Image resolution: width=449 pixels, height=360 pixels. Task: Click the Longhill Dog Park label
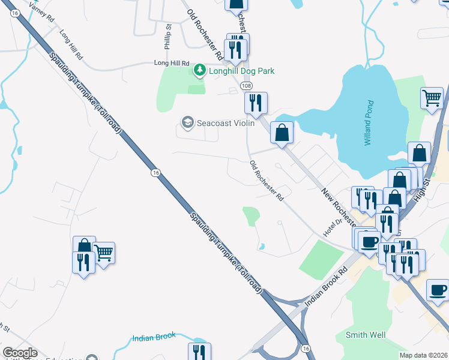click(x=241, y=71)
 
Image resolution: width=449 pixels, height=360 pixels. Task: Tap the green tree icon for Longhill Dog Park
click(x=199, y=71)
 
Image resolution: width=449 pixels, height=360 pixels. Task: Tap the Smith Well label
click(x=365, y=335)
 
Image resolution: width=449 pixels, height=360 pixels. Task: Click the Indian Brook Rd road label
click(x=326, y=287)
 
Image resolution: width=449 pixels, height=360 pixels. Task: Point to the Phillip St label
click(x=169, y=37)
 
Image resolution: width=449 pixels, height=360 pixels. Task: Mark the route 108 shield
click(x=246, y=86)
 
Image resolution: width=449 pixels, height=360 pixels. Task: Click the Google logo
click(x=20, y=353)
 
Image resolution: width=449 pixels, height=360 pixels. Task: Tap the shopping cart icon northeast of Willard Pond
click(x=432, y=98)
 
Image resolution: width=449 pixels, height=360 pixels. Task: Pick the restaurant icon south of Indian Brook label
click(x=199, y=352)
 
